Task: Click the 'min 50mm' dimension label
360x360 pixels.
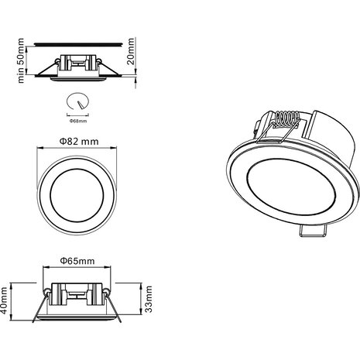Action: (x=21, y=57)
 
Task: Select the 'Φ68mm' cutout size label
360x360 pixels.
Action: (x=77, y=121)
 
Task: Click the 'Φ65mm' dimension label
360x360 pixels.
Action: (x=77, y=260)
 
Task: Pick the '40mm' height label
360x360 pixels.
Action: (x=7, y=297)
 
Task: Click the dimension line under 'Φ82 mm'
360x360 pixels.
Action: (x=77, y=152)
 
